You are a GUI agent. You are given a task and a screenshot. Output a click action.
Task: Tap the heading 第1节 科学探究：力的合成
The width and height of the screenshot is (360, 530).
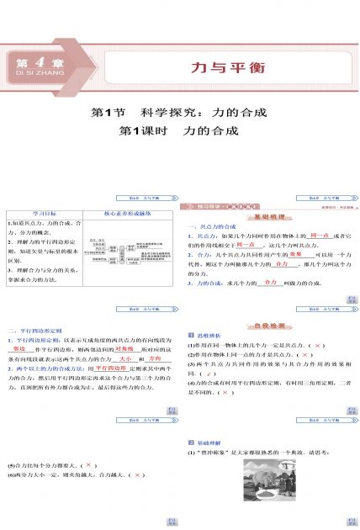(179, 111)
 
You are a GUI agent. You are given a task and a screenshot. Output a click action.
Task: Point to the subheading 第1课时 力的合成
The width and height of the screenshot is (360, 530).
(179, 131)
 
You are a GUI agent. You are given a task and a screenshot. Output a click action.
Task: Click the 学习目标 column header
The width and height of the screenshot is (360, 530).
(41, 213)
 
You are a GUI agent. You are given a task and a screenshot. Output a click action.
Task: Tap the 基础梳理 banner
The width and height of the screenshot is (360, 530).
(269, 214)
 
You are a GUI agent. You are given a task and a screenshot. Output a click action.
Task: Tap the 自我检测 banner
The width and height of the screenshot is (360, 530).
(269, 325)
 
